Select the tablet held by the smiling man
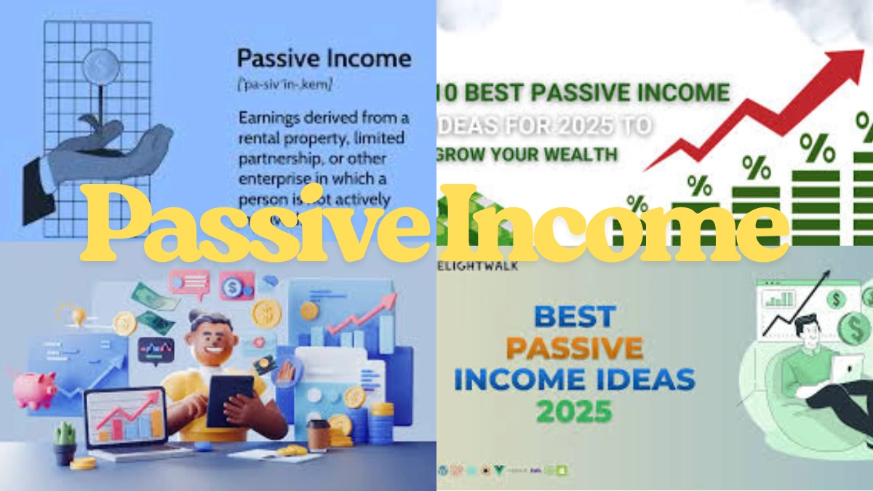click(229, 399)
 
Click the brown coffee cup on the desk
click(317, 435)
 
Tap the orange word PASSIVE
click(574, 347)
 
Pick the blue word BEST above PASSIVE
click(573, 316)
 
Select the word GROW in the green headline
click(464, 154)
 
